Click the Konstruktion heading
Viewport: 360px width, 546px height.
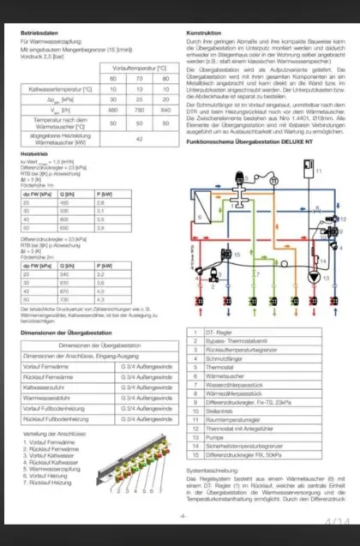coord(204,33)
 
